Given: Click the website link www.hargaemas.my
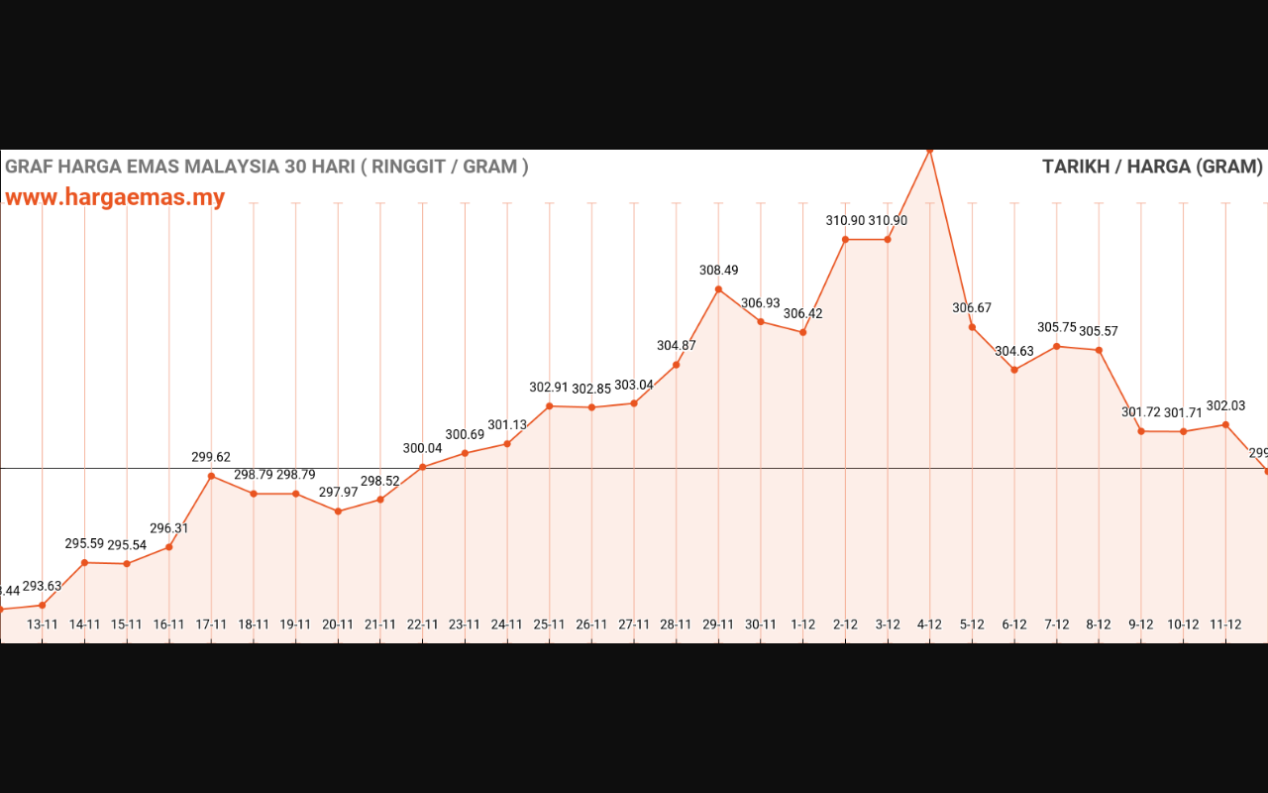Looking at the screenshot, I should pyautogui.click(x=115, y=197).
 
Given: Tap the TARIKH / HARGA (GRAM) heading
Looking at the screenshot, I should pyautogui.click(x=1152, y=167).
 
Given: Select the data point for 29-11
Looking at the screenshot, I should pyautogui.click(x=718, y=289).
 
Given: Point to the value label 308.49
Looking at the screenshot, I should pyautogui.click(x=718, y=271).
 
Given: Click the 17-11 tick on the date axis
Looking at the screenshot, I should pyautogui.click(x=211, y=624).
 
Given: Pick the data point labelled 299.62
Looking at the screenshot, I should pyautogui.click(x=211, y=476).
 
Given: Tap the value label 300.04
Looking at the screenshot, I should pyautogui.click(x=422, y=448).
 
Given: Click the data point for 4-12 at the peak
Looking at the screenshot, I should pyautogui.click(x=929, y=151).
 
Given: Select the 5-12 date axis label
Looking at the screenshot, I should pyautogui.click(x=972, y=624).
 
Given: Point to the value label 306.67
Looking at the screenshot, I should pyautogui.click(x=972, y=308).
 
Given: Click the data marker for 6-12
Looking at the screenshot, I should pyautogui.click(x=1014, y=370).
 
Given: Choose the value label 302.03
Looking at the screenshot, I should pyautogui.click(x=1225, y=406).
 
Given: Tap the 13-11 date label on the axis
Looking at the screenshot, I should pyautogui.click(x=43, y=624).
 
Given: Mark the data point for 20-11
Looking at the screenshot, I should pyautogui.click(x=338, y=511).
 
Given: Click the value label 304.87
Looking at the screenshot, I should pyautogui.click(x=676, y=346).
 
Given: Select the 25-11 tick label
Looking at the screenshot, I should pyautogui.click(x=549, y=624).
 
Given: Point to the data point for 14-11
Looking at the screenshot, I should pyautogui.click(x=84, y=563).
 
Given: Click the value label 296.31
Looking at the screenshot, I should pyautogui.click(x=168, y=529).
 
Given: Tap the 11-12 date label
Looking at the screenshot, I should pyautogui.click(x=1225, y=624).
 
